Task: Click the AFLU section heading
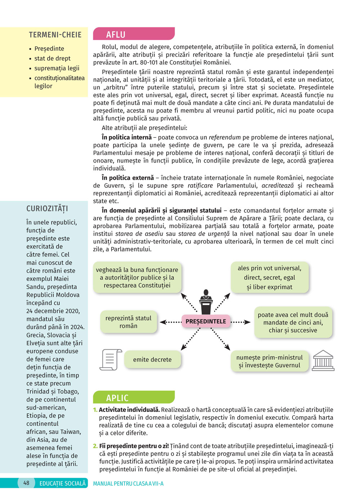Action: tap(116, 35)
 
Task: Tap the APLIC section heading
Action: tap(117, 398)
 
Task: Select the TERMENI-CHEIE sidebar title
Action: tap(55, 35)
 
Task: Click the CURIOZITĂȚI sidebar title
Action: tap(47, 209)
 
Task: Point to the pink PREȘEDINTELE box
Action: tap(206, 321)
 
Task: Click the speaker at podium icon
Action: tap(206, 302)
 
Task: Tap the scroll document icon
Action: tap(111, 359)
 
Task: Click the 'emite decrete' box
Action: tap(152, 359)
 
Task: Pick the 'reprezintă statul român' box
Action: tap(129, 322)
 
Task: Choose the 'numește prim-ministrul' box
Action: tap(270, 361)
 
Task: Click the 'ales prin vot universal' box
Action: tap(270, 277)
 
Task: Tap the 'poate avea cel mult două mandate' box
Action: tap(293, 322)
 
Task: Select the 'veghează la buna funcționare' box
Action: tap(137, 277)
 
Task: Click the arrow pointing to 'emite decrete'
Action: tap(190, 339)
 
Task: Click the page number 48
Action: tap(26, 483)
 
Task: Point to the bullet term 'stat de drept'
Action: tap(52, 58)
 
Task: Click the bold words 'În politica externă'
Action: tap(128, 178)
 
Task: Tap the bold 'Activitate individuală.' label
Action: tap(129, 410)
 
